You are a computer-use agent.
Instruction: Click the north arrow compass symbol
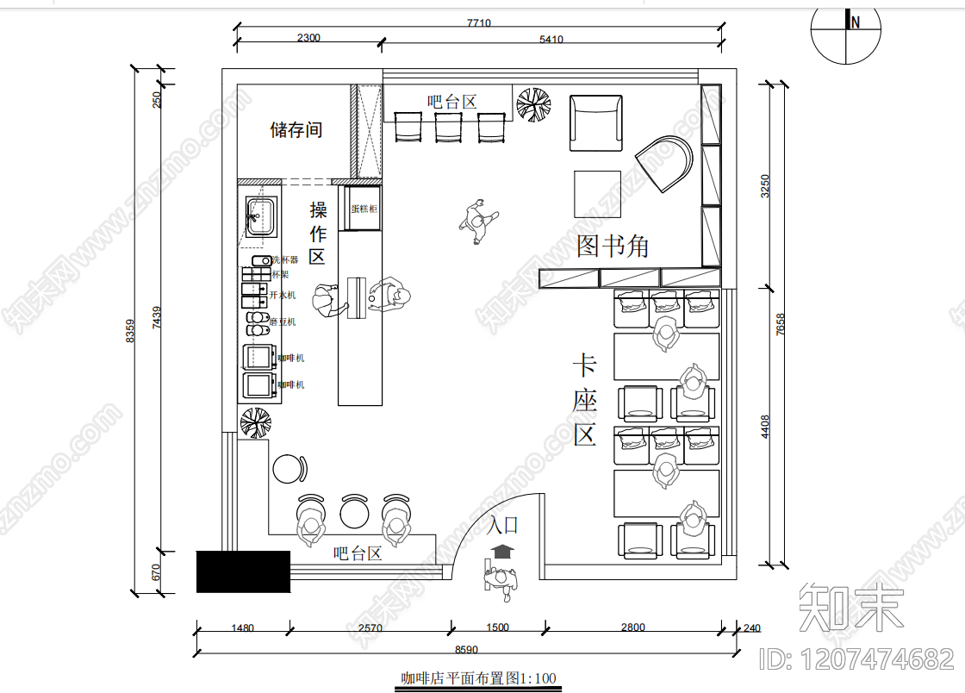[847, 34]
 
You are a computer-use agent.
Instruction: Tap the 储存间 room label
[296, 130]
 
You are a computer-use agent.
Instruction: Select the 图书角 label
[613, 247]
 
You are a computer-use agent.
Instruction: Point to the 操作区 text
[318, 233]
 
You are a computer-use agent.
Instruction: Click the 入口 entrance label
[503, 525]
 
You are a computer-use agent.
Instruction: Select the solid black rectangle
[243, 571]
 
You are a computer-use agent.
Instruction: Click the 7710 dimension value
[478, 23]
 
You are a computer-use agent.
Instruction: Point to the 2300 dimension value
[308, 38]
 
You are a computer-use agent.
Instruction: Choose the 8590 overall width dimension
[465, 649]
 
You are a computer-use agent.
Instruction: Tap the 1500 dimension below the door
[497, 627]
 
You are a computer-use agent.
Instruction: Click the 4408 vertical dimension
[765, 427]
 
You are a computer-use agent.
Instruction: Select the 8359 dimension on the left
[130, 331]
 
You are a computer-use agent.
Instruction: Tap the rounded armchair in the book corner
[665, 163]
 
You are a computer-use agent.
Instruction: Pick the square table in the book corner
[599, 194]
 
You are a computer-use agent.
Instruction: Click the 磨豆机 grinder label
[283, 322]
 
